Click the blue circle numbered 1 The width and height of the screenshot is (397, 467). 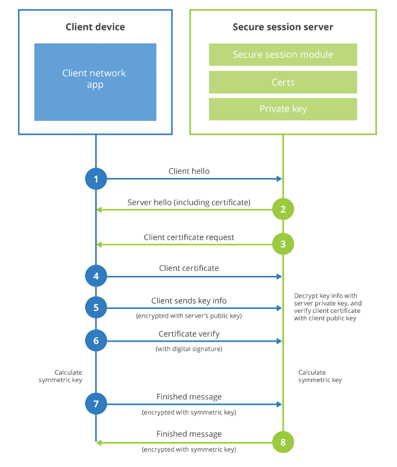tap(96, 179)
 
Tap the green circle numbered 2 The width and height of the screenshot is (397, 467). tap(283, 209)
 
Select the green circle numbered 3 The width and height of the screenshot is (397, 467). tap(283, 244)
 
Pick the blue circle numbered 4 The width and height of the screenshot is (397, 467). tap(96, 276)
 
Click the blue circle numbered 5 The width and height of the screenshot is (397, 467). tap(96, 308)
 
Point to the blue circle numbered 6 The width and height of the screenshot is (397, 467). tap(96, 341)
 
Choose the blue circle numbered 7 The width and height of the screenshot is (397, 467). tap(96, 404)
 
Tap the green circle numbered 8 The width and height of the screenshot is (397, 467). tap(283, 442)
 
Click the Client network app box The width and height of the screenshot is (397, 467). tap(95, 82)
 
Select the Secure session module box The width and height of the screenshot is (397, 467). tap(283, 54)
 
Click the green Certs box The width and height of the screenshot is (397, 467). tap(283, 82)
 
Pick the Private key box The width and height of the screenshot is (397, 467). tap(283, 109)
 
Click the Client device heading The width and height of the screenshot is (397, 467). tap(95, 27)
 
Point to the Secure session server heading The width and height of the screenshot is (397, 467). tap(283, 27)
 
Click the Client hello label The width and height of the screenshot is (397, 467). tap(189, 171)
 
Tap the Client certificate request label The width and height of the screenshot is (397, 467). tap(189, 237)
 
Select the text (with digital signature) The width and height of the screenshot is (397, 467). tap(189, 349)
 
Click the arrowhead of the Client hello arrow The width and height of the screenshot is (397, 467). tap(280, 179)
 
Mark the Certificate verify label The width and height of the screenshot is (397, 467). tap(189, 334)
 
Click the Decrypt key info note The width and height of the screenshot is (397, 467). tap(328, 307)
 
